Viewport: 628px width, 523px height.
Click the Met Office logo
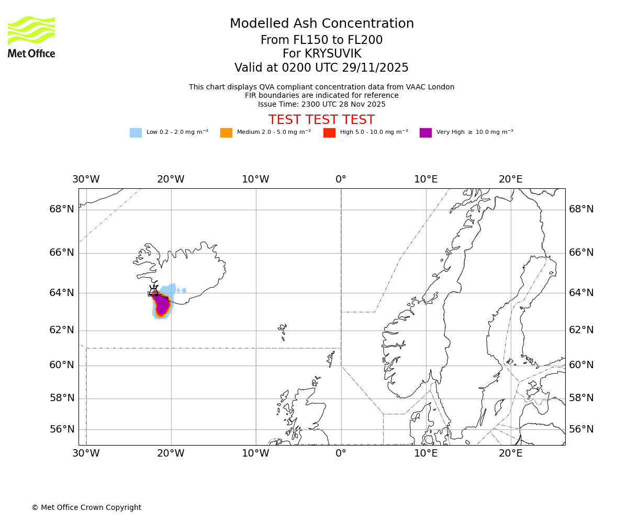(31, 37)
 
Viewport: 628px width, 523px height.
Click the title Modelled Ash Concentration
(321, 24)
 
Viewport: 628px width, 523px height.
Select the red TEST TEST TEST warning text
(321, 120)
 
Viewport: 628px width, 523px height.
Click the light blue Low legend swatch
(136, 132)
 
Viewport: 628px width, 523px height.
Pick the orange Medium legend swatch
(226, 132)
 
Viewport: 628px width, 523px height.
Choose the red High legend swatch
(329, 132)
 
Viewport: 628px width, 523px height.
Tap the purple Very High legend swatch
(425, 132)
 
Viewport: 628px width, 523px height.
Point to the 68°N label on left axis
(62, 209)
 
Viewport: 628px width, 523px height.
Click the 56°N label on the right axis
(581, 429)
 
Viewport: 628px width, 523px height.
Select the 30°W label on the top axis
(86, 179)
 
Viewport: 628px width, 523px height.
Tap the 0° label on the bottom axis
(341, 453)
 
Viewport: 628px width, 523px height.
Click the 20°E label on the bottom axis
(511, 453)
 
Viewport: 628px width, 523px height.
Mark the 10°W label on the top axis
(255, 179)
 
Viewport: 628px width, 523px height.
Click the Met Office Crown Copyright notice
(86, 507)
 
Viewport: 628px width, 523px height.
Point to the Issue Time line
(321, 104)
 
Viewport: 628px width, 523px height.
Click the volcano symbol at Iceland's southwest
(153, 290)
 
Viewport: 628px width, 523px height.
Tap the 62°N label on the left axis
(62, 330)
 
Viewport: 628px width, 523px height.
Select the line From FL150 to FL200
(321, 40)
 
